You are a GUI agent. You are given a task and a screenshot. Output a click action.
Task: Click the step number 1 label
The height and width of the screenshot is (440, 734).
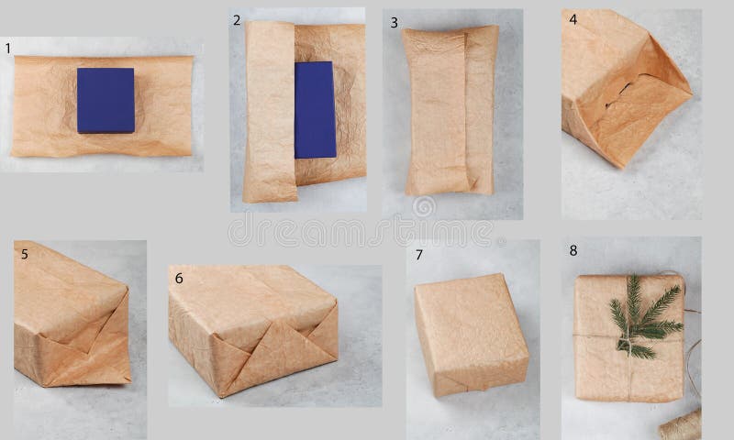8,48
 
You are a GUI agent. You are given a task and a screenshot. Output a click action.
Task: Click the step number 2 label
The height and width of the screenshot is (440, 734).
237,21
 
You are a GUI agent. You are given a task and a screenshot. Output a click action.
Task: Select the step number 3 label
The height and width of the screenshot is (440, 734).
395,22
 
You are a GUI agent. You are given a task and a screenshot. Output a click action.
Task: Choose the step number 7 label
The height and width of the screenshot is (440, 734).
418,255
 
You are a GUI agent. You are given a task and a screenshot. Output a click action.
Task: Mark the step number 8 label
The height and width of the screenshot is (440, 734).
573,248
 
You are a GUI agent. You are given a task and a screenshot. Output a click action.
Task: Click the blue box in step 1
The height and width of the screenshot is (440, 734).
106,100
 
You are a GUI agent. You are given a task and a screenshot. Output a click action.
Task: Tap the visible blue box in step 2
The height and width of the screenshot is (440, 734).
316,108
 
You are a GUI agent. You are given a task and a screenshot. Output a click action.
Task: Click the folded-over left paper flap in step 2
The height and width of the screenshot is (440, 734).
269,110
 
